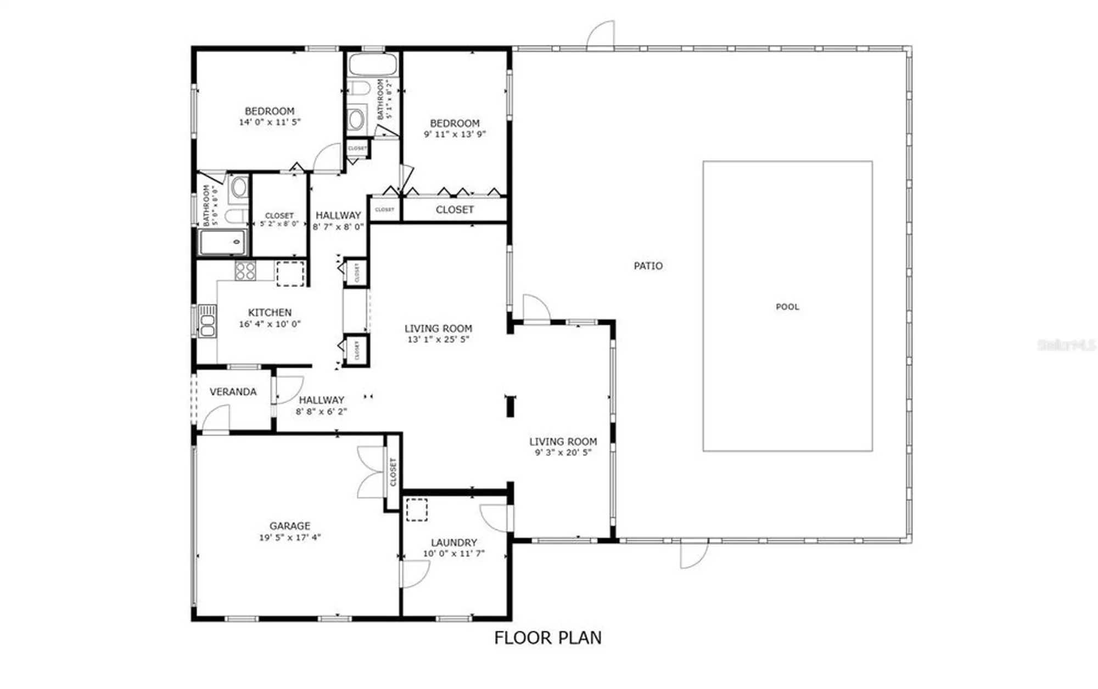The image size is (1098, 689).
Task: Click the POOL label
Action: coord(787,307)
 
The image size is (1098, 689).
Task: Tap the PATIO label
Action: coord(648,266)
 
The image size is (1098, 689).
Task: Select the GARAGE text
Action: coord(289,526)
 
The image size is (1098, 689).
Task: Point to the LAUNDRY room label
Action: coord(453,542)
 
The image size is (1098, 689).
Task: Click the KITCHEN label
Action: coord(270,312)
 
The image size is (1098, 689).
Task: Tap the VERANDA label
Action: coord(233,392)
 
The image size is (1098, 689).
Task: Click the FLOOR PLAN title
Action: coord(547,637)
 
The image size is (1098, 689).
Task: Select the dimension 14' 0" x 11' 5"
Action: coord(270,122)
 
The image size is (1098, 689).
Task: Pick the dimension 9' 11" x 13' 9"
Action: coord(455,134)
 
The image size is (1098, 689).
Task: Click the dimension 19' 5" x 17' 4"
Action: coord(289,538)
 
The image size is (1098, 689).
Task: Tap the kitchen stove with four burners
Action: coord(245,271)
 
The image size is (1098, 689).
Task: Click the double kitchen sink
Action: coord(207,321)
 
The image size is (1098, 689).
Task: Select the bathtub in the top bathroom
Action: coord(372,65)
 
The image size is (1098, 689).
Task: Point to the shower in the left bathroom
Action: coord(222,242)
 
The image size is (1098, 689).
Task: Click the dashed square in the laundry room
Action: coord(417,510)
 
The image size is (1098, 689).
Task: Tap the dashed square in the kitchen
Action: coord(290,274)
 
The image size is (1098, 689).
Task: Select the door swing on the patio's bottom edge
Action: coord(692,554)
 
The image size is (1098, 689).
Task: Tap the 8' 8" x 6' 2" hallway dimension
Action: coord(321,411)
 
